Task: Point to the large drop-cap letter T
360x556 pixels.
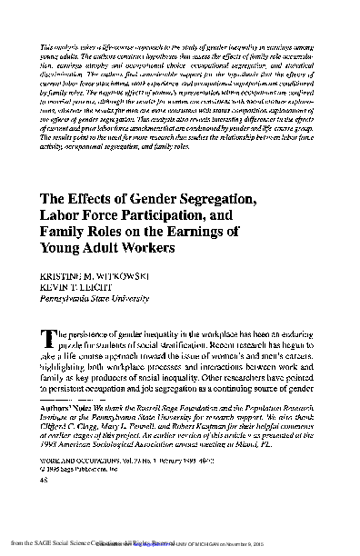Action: (x=46, y=339)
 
